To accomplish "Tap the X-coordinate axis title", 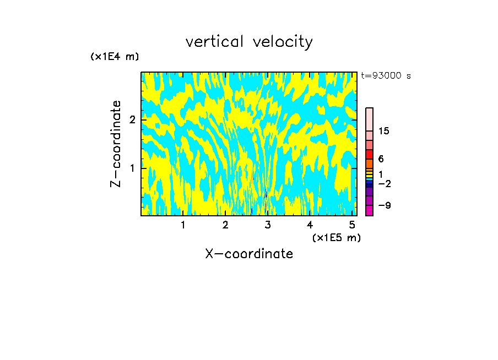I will [249, 254].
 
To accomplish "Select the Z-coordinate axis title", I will [116, 144].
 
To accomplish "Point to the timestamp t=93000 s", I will [386, 76].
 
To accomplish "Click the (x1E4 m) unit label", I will [115, 56].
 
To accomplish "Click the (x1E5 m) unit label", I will [336, 237].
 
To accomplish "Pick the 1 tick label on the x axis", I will [183, 225].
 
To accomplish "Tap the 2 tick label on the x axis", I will [225, 225].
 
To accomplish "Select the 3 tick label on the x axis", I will [268, 225].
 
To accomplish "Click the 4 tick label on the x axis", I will [310, 225].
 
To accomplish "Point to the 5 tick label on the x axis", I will [352, 225].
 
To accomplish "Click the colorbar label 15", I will [384, 131].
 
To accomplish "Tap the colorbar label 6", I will [381, 159].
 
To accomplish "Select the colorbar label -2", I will [385, 183].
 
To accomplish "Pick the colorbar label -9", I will [385, 205].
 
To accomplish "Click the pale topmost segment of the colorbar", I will [369, 119].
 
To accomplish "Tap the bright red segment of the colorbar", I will [369, 154].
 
